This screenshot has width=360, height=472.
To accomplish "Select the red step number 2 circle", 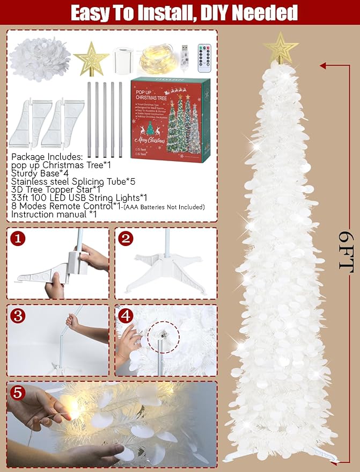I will pos(126,238).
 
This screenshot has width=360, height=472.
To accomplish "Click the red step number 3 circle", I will pos(18,316).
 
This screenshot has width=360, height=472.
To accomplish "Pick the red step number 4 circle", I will pos(126,316).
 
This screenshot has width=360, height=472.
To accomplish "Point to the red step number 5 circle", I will pos(19,393).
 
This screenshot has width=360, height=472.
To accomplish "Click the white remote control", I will pos(205,57).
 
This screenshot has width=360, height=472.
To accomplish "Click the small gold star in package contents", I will pos(91,58).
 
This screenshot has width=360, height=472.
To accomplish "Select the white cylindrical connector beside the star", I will pos(124,57).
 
